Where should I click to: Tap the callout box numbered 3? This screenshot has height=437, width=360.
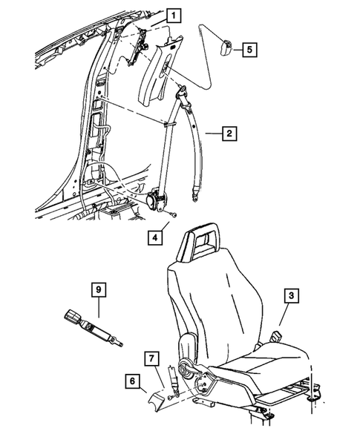pos(292,296)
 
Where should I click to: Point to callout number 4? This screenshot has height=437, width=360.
pos(154,239)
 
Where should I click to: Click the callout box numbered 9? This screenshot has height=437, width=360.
pos(96,289)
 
